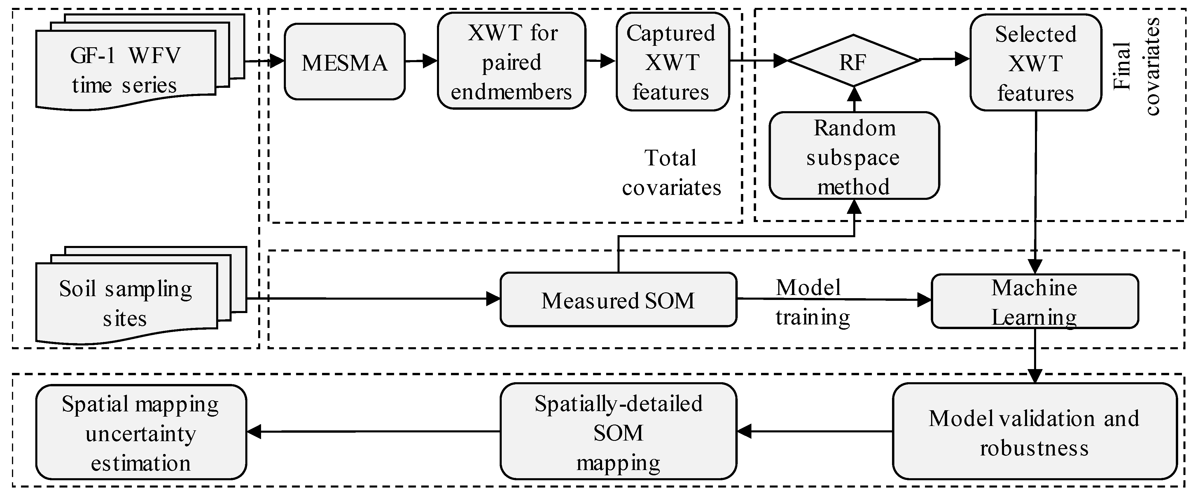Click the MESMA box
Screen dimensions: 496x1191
tap(344, 62)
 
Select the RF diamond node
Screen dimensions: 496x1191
tap(853, 61)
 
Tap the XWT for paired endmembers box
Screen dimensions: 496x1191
tap(511, 62)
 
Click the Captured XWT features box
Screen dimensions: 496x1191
tap(672, 62)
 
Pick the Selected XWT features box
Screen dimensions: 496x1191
tap(1035, 63)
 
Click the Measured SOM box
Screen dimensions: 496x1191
tap(618, 300)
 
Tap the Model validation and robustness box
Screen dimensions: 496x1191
tap(1034, 432)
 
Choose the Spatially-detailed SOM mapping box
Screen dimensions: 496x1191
tap(618, 432)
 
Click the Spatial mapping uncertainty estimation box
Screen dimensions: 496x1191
tap(141, 432)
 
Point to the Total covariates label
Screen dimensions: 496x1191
tap(671, 172)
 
